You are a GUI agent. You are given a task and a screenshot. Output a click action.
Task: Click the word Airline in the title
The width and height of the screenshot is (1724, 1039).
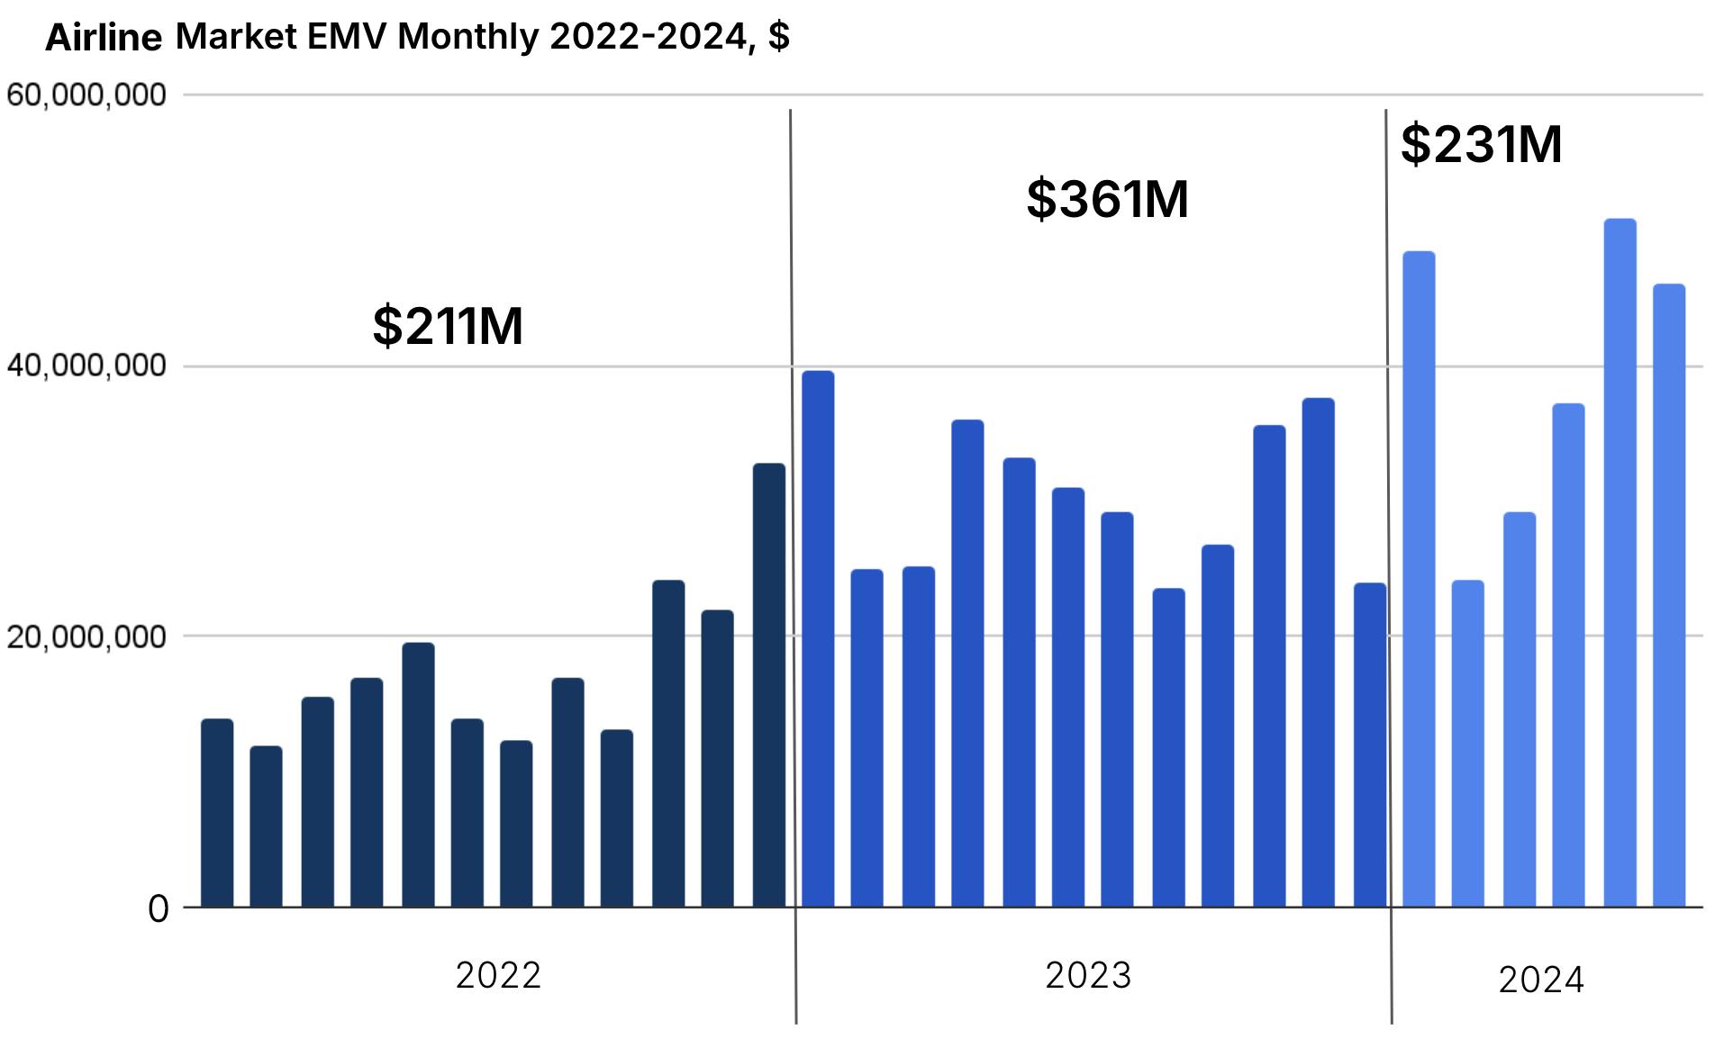pyautogui.click(x=104, y=38)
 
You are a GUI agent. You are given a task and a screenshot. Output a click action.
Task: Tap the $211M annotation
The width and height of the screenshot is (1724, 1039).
pyautogui.click(x=448, y=326)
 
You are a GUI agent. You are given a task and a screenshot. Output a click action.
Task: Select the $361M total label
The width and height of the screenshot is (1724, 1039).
pyautogui.click(x=1107, y=199)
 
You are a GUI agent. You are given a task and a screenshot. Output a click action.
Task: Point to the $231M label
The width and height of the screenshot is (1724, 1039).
pyautogui.click(x=1481, y=144)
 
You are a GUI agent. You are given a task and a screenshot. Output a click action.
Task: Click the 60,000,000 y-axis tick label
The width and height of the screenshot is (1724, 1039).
pyautogui.click(x=86, y=95)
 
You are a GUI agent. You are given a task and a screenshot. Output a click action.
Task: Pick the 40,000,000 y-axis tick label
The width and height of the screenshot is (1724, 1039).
pyautogui.click(x=86, y=366)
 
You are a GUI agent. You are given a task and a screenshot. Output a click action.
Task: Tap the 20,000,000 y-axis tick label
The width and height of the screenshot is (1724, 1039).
pyautogui.click(x=86, y=637)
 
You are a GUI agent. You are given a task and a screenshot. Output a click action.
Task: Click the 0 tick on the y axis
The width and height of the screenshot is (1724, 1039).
pyautogui.click(x=159, y=909)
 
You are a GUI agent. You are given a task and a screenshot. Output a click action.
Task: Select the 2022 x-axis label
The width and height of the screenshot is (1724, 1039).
pyautogui.click(x=498, y=976)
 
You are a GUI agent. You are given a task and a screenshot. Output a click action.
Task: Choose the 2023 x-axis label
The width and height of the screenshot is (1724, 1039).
pyautogui.click(x=1088, y=976)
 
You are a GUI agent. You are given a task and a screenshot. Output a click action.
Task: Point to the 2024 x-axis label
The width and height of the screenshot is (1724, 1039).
pyautogui.click(x=1540, y=980)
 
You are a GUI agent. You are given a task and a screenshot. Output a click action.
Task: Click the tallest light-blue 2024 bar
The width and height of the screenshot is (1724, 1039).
pyautogui.click(x=1620, y=563)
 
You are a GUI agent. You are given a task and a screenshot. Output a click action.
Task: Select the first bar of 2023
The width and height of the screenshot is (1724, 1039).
pyautogui.click(x=818, y=638)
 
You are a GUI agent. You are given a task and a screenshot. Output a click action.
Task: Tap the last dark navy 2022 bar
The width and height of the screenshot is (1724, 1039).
pyautogui.click(x=769, y=684)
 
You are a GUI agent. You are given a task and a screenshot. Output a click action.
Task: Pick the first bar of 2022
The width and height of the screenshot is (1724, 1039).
pyautogui.click(x=217, y=812)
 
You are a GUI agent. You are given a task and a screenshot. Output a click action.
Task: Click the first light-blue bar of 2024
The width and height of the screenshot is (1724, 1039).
pyautogui.click(x=1419, y=579)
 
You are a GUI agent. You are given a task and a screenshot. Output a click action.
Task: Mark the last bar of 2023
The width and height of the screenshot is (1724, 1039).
pyautogui.click(x=1370, y=745)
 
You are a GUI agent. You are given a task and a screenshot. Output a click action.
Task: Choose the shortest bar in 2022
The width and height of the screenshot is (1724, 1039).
pyautogui.click(x=266, y=826)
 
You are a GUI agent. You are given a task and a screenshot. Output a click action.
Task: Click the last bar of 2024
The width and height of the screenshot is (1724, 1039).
pyautogui.click(x=1668, y=595)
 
